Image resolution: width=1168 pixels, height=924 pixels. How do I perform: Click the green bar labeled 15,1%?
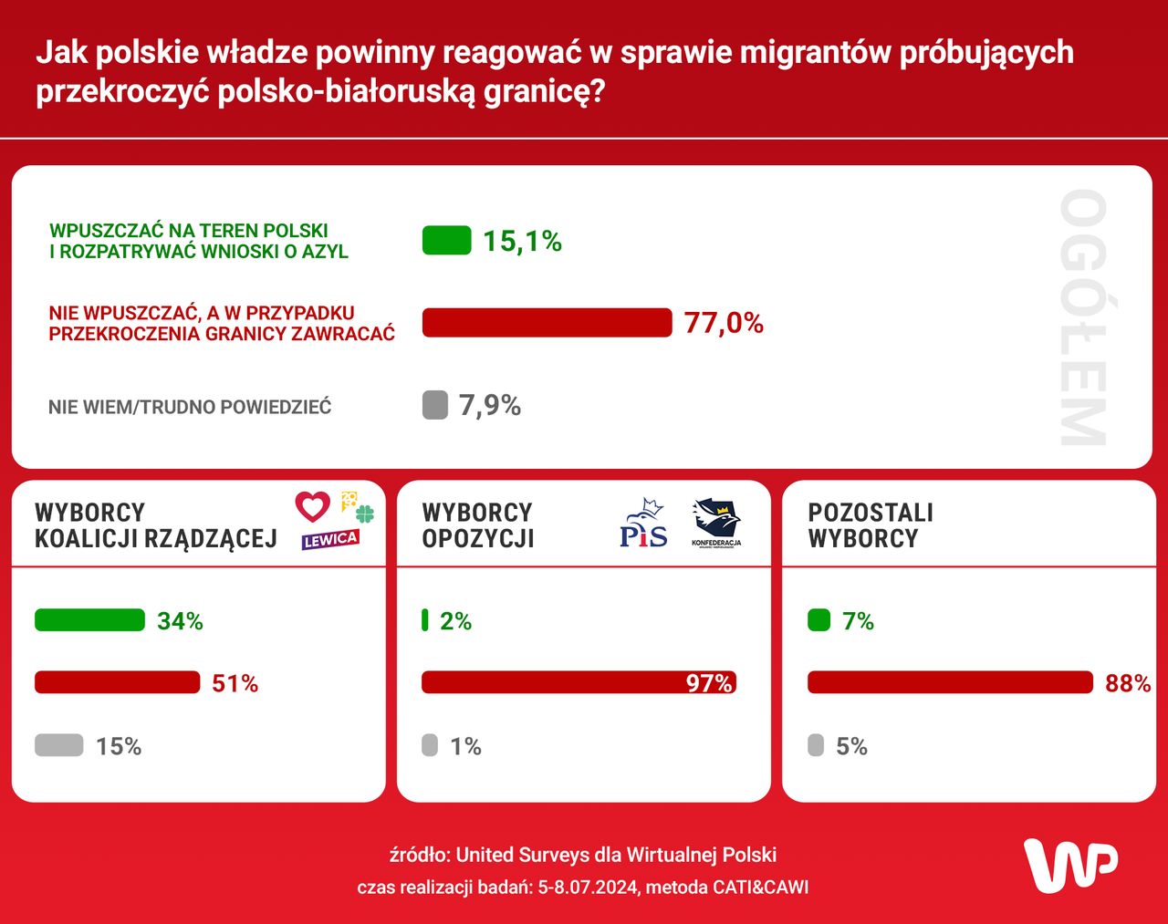point(446,241)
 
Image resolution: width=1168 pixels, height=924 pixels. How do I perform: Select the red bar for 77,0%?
point(547,323)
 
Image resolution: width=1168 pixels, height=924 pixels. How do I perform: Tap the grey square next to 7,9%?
point(435,405)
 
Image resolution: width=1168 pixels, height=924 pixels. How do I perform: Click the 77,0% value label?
point(724,323)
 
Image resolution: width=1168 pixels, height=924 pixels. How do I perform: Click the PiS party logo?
point(643,524)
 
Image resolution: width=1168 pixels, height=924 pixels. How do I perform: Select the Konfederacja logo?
point(716,523)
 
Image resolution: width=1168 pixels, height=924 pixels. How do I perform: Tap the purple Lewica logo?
point(330,539)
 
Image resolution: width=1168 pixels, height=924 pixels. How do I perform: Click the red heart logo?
point(312,506)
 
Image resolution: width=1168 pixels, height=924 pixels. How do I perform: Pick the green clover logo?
point(365,514)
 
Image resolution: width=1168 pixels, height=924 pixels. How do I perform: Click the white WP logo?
point(1070,865)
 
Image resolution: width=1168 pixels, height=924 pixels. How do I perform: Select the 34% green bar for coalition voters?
point(89,620)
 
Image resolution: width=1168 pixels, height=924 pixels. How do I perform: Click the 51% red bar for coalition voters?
point(117,682)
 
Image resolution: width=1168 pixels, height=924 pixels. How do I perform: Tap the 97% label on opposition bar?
point(709,683)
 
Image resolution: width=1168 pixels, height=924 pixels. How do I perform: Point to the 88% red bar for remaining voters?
point(950,682)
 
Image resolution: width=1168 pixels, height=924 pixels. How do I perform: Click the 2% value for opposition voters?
point(455,621)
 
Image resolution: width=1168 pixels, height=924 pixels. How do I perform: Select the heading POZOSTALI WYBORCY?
point(871,525)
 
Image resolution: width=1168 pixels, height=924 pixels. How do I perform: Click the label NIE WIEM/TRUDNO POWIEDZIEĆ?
point(190,407)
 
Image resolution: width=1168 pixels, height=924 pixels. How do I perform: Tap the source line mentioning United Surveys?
point(583,855)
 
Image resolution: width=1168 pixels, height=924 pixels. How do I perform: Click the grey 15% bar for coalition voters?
point(59,745)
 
